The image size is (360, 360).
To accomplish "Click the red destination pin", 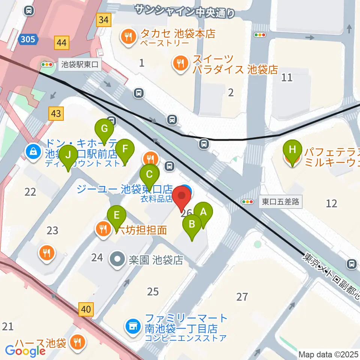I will coord(182,199).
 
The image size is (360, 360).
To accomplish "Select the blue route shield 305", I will coord(29,39).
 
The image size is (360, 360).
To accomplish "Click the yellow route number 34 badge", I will coord(104,20).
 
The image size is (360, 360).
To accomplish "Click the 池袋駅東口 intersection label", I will coord(80,64).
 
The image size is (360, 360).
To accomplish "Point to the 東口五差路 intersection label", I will coord(280,202).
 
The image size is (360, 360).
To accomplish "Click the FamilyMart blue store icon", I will coord(133,325).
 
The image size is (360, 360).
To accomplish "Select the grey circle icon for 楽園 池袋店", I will coord(117,259).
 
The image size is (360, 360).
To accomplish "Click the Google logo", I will coord(25,351).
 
